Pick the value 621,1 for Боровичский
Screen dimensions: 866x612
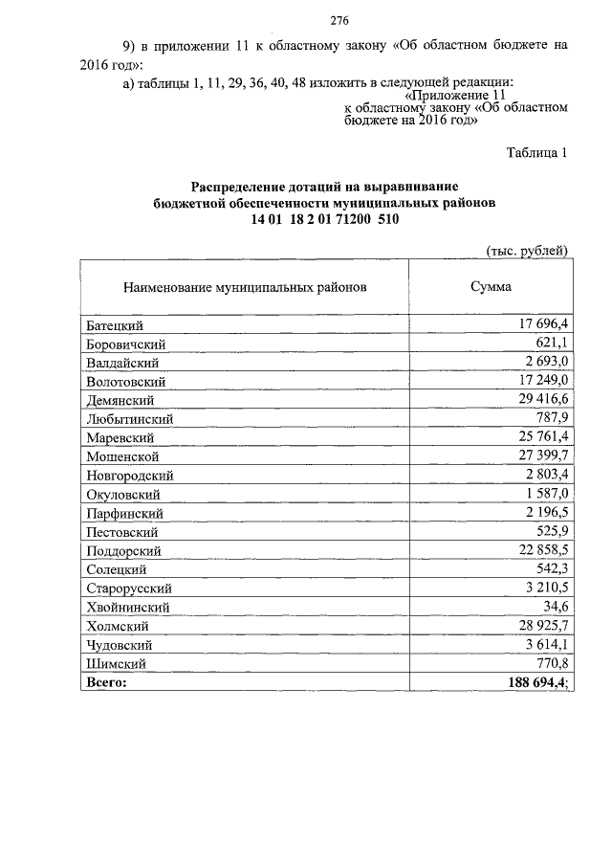[552, 344]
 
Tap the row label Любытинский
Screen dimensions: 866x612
[128, 418]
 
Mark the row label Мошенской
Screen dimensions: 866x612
[120, 455]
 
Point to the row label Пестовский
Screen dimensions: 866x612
[121, 530]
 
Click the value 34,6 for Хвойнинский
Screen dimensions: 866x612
[556, 606]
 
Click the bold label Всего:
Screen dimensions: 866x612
[106, 681]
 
